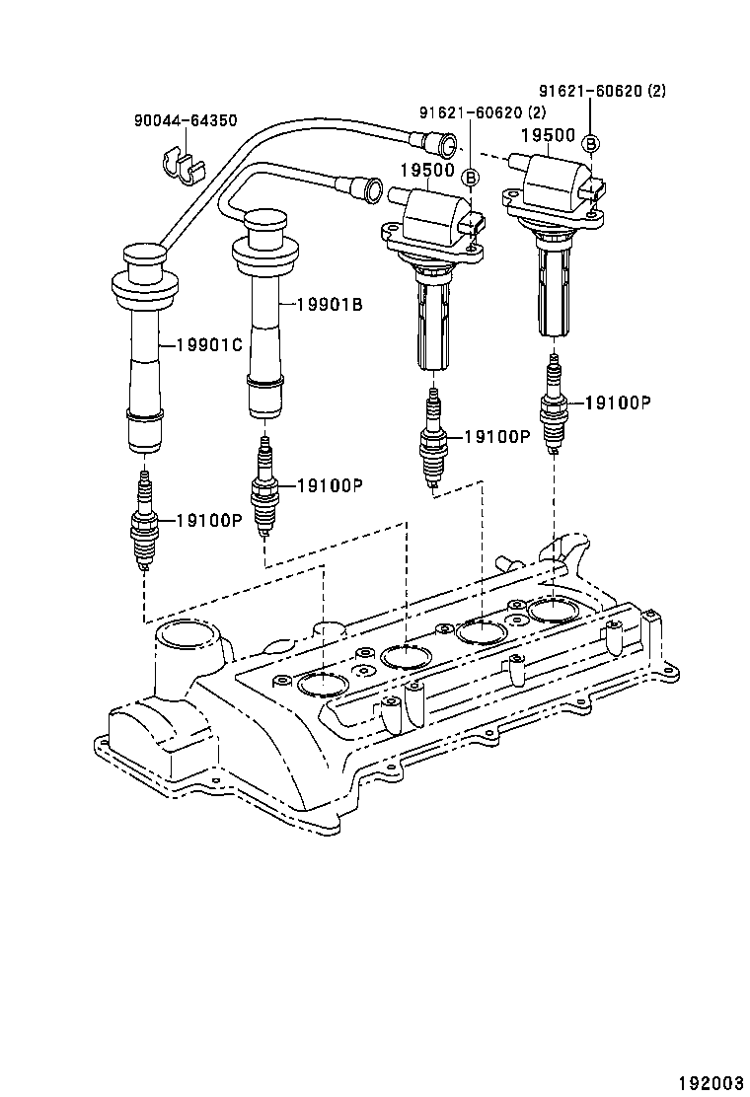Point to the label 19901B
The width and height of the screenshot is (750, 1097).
pyautogui.click(x=330, y=305)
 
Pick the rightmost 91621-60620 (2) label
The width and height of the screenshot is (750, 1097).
pyautogui.click(x=605, y=92)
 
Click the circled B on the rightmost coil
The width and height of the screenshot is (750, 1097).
pyautogui.click(x=591, y=144)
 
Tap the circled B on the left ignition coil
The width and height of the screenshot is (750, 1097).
pyautogui.click(x=471, y=178)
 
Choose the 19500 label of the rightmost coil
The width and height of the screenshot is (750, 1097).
pyautogui.click(x=548, y=135)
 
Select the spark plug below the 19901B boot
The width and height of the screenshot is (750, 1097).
pyautogui.click(x=264, y=488)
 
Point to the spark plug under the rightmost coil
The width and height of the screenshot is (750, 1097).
pyautogui.click(x=555, y=404)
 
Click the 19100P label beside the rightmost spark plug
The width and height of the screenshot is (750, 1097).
pyautogui.click(x=618, y=402)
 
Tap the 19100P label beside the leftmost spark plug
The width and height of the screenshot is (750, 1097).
pyautogui.click(x=209, y=520)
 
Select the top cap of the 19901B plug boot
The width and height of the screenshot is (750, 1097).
pyautogui.click(x=263, y=229)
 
